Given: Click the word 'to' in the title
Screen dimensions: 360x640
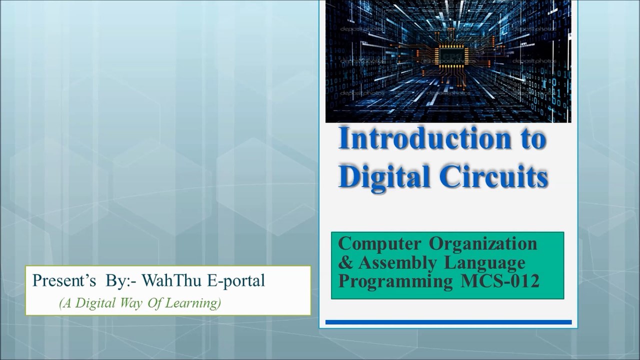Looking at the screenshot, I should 530,139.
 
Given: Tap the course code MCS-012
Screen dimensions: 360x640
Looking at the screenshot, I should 499,281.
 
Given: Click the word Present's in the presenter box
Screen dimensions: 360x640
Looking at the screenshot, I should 64,281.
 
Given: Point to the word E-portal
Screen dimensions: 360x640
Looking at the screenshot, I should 235,281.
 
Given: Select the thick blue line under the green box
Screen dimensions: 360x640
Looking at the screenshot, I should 448,322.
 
